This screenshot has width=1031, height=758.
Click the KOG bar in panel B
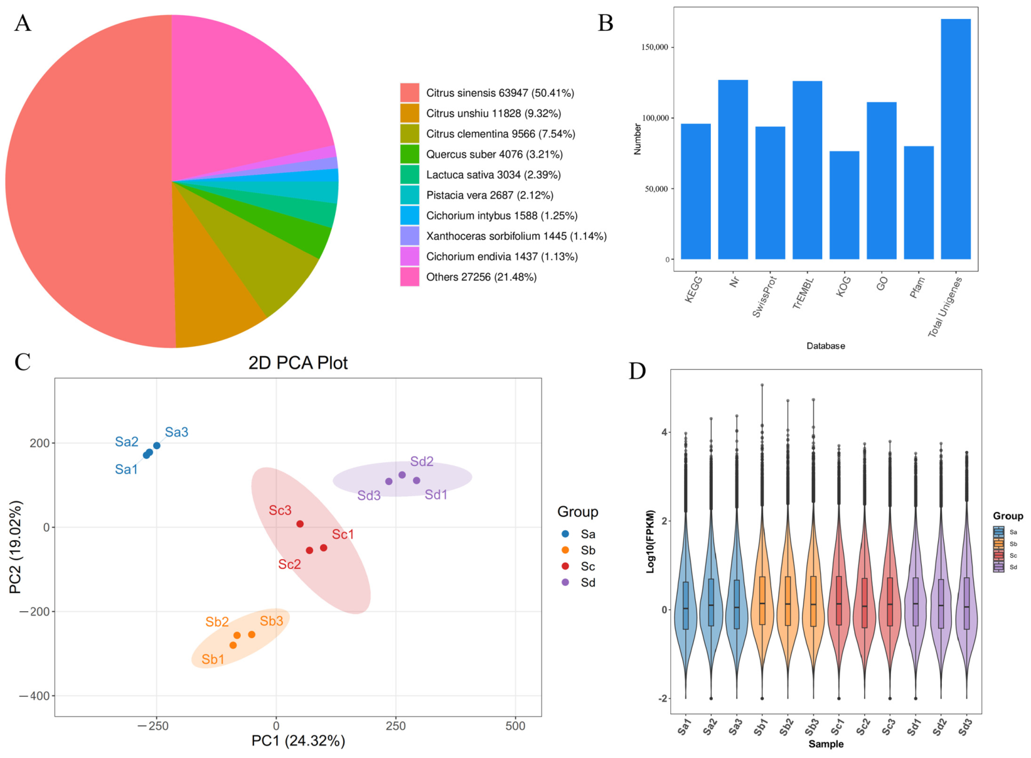pyautogui.click(x=844, y=206)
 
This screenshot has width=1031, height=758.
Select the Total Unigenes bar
pyautogui.click(x=956, y=139)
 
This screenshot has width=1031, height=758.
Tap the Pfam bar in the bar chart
pyautogui.click(x=918, y=202)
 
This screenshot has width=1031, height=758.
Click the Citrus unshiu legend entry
pyautogui.click(x=480, y=113)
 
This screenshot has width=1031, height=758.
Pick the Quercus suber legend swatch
pyautogui.click(x=410, y=154)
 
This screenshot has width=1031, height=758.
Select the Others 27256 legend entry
pyautogui.click(x=469, y=277)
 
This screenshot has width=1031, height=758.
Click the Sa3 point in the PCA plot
pyautogui.click(x=156, y=446)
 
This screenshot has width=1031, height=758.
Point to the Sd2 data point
pyautogui.click(x=402, y=475)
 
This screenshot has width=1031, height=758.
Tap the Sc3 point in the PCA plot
pyautogui.click(x=300, y=524)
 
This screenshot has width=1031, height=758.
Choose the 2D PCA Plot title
pyautogui.click(x=298, y=363)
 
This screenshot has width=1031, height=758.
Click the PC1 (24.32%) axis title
pyautogui.click(x=298, y=740)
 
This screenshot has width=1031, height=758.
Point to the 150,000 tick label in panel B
pyautogui.click(x=655, y=47)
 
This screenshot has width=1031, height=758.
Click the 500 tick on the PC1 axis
pyautogui.click(x=515, y=726)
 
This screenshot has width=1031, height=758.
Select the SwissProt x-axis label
pyautogui.click(x=765, y=297)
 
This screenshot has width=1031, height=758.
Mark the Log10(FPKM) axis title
pyautogui.click(x=651, y=541)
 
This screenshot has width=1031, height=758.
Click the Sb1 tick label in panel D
pyautogui.click(x=761, y=728)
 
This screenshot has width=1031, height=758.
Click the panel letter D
pyautogui.click(x=638, y=371)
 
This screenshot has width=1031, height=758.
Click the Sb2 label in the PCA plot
pyautogui.click(x=217, y=622)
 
